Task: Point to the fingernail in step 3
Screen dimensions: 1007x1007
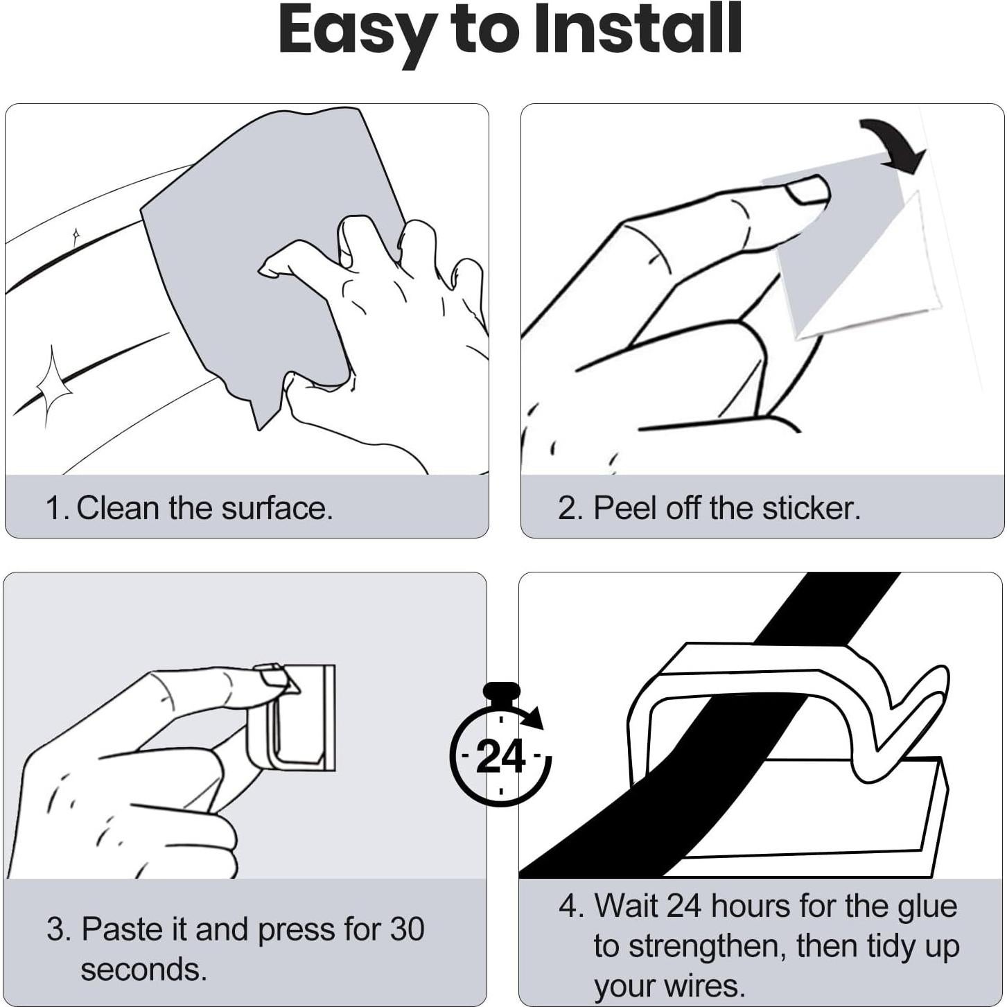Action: (x=275, y=678)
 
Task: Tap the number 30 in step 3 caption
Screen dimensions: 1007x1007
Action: (x=407, y=929)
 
